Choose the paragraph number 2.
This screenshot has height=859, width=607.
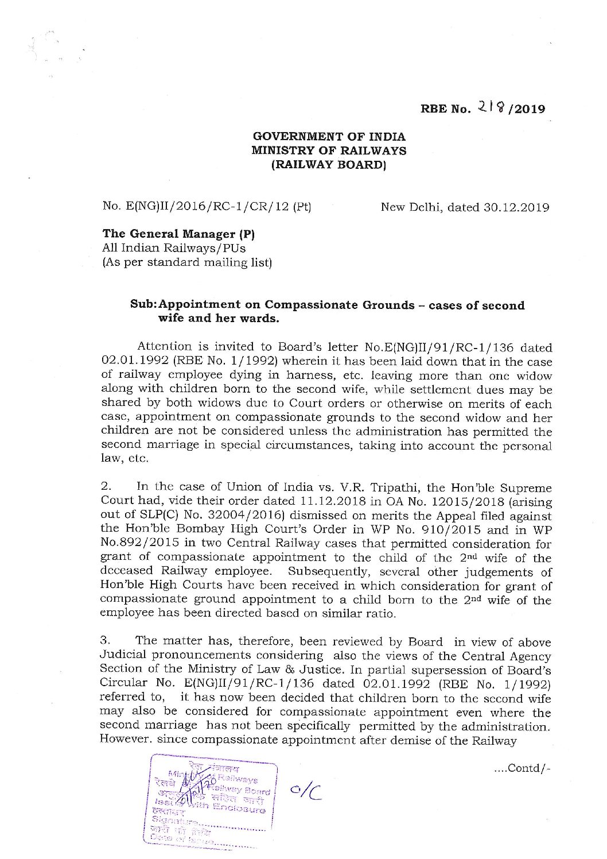pos(104,488)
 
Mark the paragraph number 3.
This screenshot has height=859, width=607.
pos(104,642)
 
